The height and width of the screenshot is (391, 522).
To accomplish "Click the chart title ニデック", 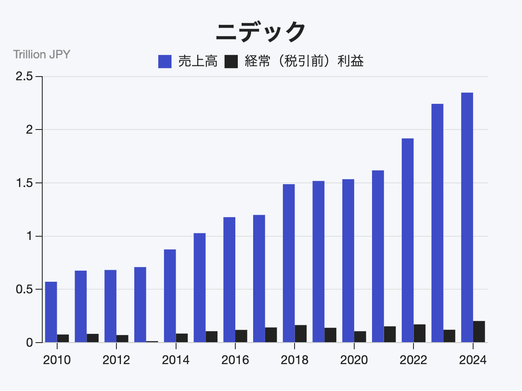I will pos(261,32).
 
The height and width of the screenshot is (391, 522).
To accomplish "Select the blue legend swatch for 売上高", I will pos(165,62).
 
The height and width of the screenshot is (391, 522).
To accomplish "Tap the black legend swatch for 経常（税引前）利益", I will pos(231,62).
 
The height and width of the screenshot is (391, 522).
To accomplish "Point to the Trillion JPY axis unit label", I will pos(42,54).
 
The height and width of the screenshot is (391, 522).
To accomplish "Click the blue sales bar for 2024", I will pos(467,217).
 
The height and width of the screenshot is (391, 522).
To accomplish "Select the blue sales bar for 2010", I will pos(51,312).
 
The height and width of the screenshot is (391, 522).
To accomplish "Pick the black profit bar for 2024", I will pos(479,331).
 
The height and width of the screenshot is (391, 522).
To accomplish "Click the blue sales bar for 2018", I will pos(289,263).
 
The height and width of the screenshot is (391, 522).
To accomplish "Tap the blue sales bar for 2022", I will pos(408,240).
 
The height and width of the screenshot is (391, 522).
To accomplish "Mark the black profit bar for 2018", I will pos(301,333).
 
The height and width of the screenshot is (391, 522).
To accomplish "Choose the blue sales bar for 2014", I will pos(170,296).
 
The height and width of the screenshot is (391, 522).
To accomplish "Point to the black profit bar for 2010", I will pos(63,338).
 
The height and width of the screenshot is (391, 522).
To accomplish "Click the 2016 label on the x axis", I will pos(235,360).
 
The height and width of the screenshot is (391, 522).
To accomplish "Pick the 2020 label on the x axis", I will pos(354,360).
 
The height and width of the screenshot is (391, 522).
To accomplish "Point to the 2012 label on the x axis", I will pos(116,360).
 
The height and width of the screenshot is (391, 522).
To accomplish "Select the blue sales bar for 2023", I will pos(437,223).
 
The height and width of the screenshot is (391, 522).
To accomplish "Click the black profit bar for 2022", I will pos(420,333).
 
